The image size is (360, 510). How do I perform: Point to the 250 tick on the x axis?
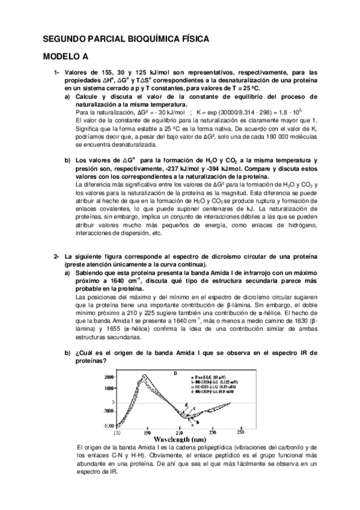coord(240,431)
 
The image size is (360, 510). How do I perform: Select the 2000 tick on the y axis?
coord(107,376)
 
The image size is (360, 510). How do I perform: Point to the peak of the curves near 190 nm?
coord(144,377)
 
